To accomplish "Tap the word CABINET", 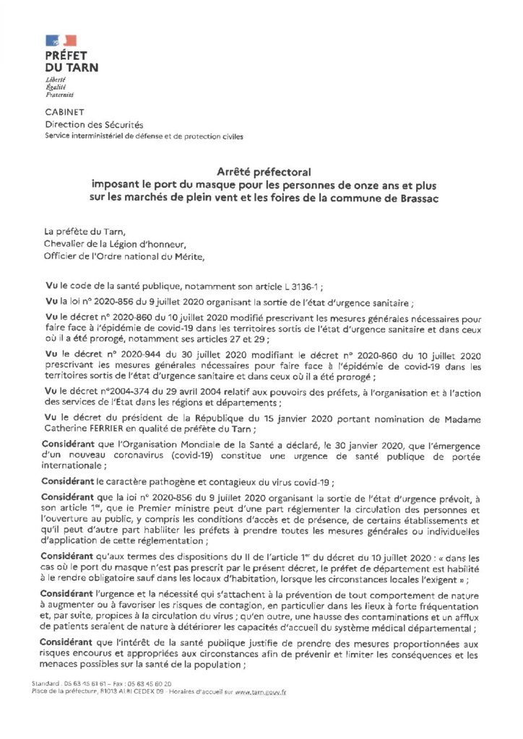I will [x=65, y=112].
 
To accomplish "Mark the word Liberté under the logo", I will [x=56, y=79].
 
